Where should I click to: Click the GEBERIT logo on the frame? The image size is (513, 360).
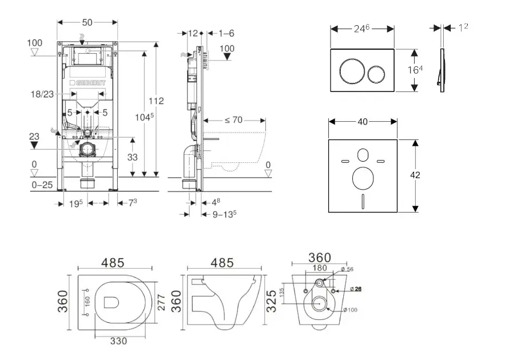(88, 83)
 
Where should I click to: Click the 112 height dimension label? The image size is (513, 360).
(156, 101)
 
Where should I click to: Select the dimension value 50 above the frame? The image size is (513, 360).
(88, 22)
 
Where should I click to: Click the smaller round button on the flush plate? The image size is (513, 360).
(376, 73)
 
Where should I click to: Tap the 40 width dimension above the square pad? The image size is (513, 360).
(362, 121)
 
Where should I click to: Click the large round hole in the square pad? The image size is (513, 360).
(363, 178)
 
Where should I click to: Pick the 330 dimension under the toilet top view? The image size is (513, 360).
(118, 341)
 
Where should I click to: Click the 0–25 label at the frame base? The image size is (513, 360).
(42, 185)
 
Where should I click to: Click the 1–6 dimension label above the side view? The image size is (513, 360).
(226, 33)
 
